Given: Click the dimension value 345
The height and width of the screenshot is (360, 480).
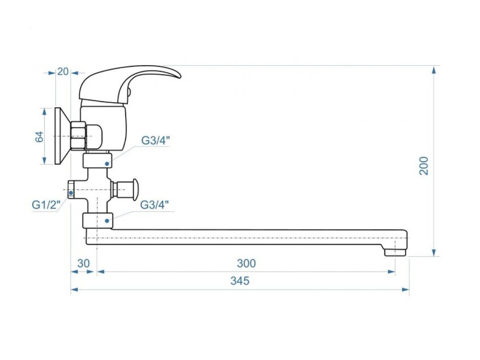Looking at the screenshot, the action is tap(240, 281).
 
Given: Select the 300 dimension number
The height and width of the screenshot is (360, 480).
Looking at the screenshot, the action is tap(246, 263).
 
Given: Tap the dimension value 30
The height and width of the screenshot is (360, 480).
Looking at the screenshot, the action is tap(83, 263).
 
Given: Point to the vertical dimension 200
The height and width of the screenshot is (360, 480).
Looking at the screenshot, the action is tap(424, 165).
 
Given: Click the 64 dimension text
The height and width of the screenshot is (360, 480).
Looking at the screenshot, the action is tap(39, 136).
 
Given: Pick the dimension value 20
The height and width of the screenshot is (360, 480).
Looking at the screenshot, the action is tap(62, 72).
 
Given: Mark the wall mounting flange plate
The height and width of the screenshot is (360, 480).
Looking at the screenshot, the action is tap(59, 136).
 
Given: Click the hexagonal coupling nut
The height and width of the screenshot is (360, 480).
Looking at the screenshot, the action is tap(77, 136).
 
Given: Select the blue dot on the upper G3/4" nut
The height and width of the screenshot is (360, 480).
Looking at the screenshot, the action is tap(107, 164).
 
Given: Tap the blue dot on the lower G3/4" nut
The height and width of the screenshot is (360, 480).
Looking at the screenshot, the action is tap(107, 220).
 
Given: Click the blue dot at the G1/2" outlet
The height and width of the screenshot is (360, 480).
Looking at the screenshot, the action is tap(71, 193).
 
